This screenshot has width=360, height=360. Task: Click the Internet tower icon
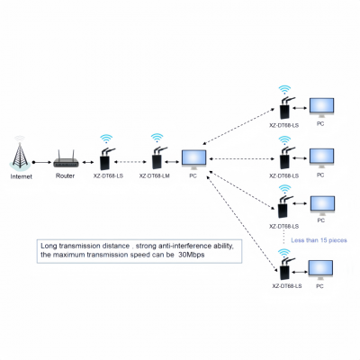(20, 155)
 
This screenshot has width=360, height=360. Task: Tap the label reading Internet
(20, 177)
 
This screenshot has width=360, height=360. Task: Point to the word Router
(67, 177)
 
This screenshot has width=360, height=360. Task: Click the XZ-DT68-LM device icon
(157, 161)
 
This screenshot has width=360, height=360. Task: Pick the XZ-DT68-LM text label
(155, 177)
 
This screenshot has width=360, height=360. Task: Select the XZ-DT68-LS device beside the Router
(105, 161)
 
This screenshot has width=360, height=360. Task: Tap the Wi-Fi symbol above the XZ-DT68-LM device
(157, 138)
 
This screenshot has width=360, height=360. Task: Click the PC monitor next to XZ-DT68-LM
(193, 159)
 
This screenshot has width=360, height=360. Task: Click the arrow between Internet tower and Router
(41, 163)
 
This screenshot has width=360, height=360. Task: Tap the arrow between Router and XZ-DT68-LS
(87, 163)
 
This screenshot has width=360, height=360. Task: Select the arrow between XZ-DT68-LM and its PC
(174, 163)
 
